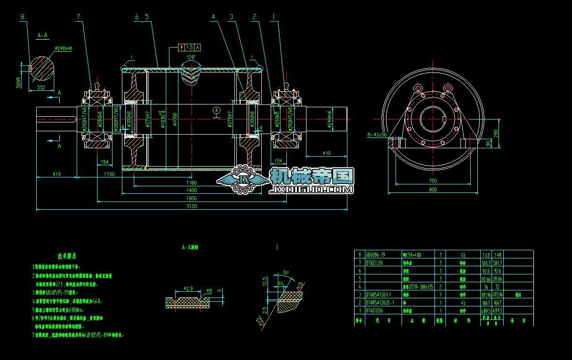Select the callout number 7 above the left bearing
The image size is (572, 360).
pyautogui.click(x=78, y=16)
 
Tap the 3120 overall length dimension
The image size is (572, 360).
pyautogui.click(x=192, y=206)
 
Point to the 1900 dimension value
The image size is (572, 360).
pyautogui.click(x=192, y=198)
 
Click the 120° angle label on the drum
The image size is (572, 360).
pyautogui.click(x=191, y=57)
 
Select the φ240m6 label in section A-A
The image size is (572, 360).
pyautogui.click(x=63, y=48)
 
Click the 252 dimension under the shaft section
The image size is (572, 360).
pyautogui.click(x=41, y=88)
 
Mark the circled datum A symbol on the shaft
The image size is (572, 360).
pyautogui.click(x=216, y=110)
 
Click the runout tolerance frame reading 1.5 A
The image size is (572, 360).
pyautogui.click(x=190, y=48)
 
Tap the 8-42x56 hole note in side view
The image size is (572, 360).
pyautogui.click(x=377, y=135)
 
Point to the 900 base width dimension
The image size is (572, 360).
pyautogui.click(x=433, y=190)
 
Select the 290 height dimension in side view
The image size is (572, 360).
pyautogui.click(x=495, y=133)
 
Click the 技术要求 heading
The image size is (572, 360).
pyautogui.click(x=67, y=256)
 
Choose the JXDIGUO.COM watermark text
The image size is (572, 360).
pyautogui.click(x=311, y=190)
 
